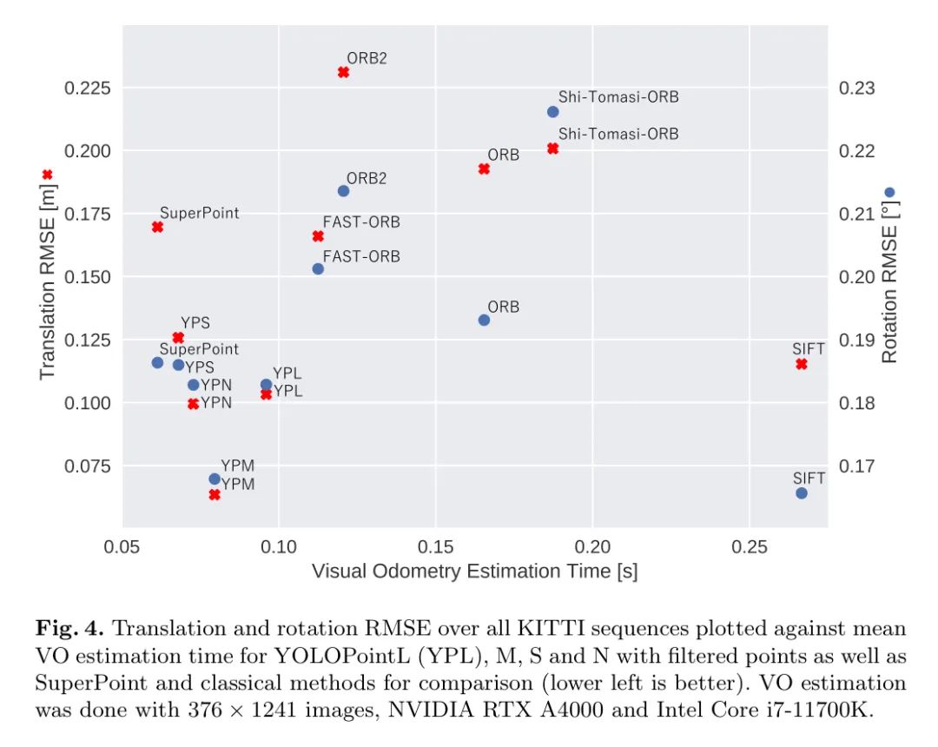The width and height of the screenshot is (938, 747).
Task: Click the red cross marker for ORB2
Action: coord(343,72)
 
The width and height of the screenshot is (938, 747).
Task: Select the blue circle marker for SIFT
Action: coord(802,493)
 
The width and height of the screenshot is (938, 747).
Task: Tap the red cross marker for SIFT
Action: coord(802,364)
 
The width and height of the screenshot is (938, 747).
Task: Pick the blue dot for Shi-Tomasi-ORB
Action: coord(553,112)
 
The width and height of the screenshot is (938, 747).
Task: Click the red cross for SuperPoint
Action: coord(157,227)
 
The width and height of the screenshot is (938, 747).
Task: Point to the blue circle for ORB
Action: coord(484,320)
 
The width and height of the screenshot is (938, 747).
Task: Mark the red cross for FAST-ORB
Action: coord(318,236)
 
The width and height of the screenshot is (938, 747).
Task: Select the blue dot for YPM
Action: coord(215,479)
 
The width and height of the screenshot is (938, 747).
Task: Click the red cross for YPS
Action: coord(178,337)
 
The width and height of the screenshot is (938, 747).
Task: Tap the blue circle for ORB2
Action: coord(343,191)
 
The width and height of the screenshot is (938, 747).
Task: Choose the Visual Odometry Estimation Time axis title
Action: coord(474,572)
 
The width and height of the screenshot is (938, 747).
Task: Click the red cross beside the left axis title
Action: coord(48,175)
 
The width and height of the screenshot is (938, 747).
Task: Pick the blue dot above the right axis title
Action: coord(889,193)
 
